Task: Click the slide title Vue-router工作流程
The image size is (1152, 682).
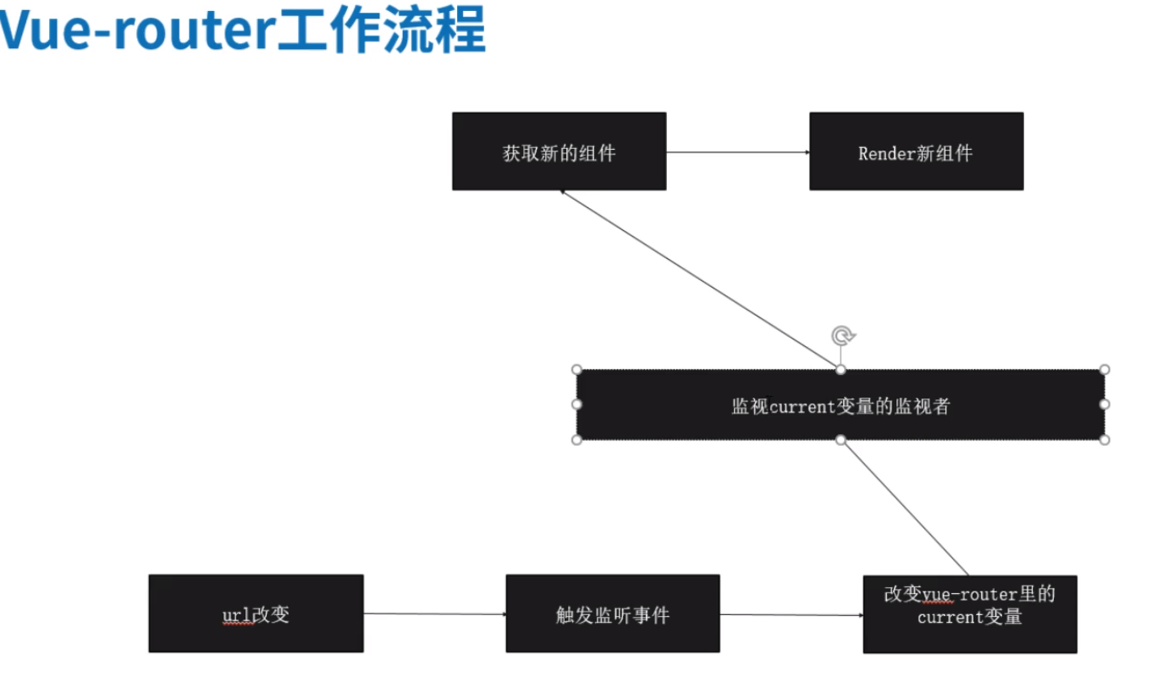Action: pos(243,32)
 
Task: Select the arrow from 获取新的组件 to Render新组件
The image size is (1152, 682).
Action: pos(737,152)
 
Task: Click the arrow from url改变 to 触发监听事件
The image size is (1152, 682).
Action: pos(434,613)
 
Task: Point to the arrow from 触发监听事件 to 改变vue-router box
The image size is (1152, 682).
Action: pos(791,614)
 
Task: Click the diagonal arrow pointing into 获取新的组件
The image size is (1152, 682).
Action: pos(699,279)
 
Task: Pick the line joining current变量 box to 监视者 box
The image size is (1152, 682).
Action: pos(905,508)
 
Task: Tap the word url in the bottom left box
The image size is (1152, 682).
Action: pos(237,614)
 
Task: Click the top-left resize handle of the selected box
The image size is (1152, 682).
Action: pos(577,370)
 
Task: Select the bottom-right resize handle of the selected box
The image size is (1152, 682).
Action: pos(1104,439)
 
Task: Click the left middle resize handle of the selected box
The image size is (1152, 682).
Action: pos(577,404)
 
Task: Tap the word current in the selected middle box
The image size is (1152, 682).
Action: pos(803,406)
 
